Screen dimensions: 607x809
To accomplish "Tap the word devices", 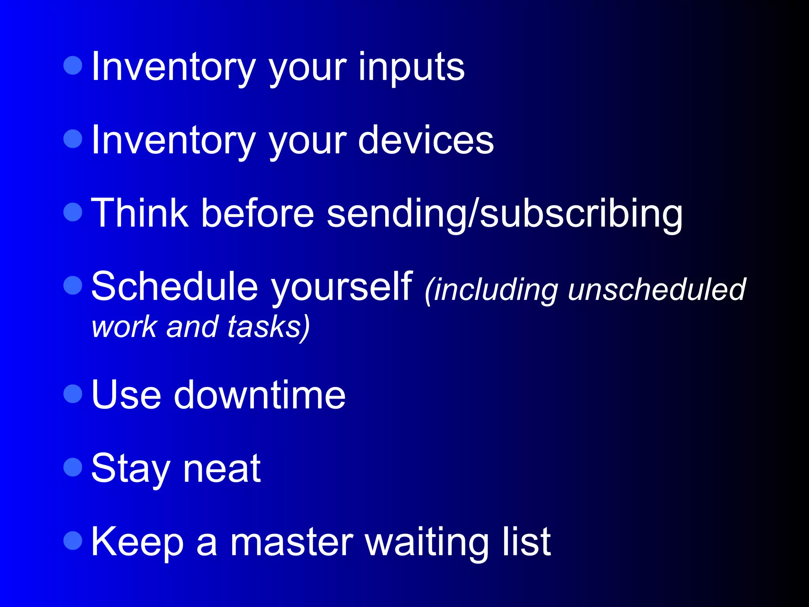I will tap(425, 141).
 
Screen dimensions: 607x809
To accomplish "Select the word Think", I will tap(139, 213).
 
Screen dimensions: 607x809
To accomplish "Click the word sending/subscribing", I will tap(504, 214).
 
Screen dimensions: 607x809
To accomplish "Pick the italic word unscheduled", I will tap(657, 289).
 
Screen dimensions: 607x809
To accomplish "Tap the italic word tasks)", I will tap(269, 327).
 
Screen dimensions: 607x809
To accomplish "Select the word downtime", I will tap(260, 395).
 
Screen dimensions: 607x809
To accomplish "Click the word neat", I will tap(222, 469).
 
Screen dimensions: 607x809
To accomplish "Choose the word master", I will tap(292, 542).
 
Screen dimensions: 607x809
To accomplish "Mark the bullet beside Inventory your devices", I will tap(73, 139).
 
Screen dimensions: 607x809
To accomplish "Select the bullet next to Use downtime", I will tap(73, 394).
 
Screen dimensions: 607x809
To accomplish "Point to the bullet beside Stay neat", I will tap(73, 467).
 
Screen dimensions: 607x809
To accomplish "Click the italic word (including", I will tap(491, 290).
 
